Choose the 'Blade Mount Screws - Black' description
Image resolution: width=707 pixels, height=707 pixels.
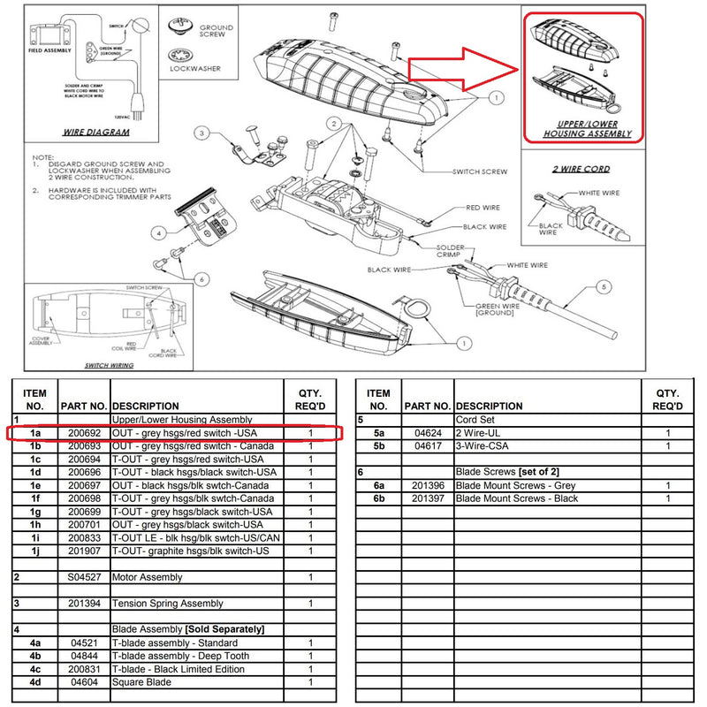517,498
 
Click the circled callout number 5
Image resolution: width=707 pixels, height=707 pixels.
604,286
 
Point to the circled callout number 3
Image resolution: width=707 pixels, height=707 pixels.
201,133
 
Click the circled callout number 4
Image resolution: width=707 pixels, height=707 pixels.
159,233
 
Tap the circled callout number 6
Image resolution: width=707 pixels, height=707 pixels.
202,279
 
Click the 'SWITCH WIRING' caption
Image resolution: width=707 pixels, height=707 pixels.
109,364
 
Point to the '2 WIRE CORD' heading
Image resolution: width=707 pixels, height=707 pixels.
581,168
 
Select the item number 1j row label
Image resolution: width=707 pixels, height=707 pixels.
35,551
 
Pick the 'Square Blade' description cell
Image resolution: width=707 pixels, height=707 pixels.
141,682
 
